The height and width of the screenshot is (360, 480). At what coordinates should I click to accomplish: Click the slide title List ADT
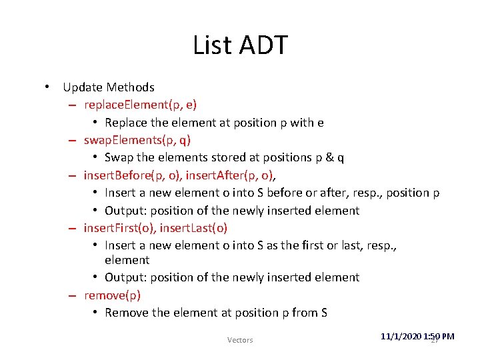240,45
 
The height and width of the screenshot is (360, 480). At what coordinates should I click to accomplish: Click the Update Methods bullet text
109,87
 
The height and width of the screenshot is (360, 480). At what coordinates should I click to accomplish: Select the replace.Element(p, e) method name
140,105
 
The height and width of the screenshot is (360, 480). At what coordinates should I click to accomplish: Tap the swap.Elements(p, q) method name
137,140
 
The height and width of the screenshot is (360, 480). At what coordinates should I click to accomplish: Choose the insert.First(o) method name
119,228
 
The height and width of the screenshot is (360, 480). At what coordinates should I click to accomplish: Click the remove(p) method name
112,295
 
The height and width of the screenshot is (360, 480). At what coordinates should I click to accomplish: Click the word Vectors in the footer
240,340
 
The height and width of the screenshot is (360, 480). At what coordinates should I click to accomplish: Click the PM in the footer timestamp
447,337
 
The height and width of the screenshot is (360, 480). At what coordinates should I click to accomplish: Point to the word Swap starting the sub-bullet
119,158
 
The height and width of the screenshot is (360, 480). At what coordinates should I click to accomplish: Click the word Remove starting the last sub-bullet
126,313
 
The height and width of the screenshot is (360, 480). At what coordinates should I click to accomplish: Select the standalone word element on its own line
127,260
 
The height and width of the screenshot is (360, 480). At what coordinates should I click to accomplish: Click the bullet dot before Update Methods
48,87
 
